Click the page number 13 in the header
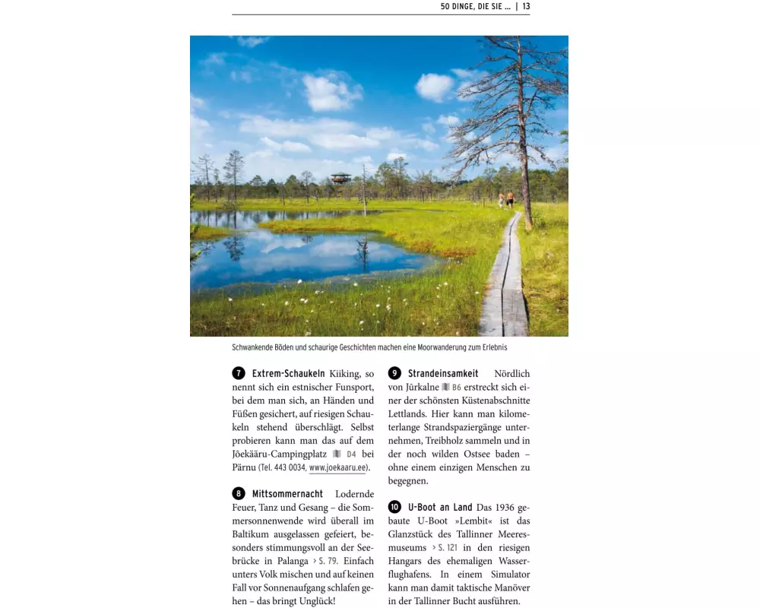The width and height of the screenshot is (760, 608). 526,7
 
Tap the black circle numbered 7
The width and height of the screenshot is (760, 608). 239,373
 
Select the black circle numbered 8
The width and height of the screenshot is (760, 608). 239,494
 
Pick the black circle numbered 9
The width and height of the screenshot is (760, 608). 394,373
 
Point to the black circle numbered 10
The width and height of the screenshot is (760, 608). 394,507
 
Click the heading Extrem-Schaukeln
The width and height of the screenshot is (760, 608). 288,373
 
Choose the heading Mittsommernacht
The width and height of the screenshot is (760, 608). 287,494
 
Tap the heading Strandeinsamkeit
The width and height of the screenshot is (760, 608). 443,373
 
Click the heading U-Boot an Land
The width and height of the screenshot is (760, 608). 440,507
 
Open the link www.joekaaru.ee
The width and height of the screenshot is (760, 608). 337,468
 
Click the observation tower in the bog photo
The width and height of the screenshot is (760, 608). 340,178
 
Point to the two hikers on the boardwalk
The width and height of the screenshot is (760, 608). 506,200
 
